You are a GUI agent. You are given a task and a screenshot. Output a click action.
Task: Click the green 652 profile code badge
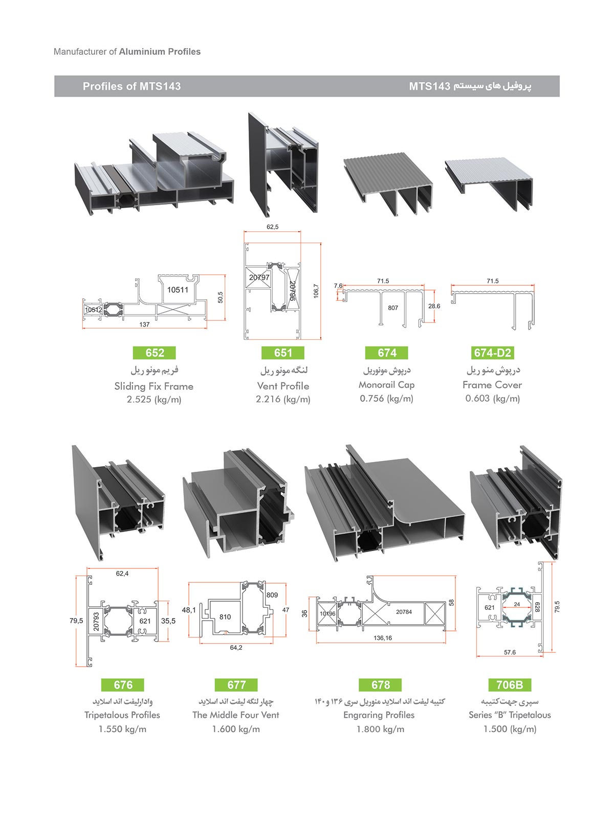click(x=155, y=353)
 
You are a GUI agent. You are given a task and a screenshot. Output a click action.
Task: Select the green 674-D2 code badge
click(x=492, y=353)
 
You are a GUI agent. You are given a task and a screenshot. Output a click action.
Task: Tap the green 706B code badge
click(x=509, y=685)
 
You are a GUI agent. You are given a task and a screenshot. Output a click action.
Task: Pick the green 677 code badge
click(x=236, y=685)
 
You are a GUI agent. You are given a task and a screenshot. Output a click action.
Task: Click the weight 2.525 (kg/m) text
click(x=154, y=400)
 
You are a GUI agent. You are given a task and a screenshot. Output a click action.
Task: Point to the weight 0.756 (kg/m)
click(x=386, y=399)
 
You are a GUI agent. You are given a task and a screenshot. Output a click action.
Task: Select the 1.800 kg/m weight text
click(x=380, y=729)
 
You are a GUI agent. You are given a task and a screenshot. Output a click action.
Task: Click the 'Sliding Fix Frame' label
click(x=154, y=386)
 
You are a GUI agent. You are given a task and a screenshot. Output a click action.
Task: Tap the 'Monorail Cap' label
click(x=386, y=385)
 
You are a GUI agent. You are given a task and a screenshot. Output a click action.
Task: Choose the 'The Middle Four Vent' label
click(x=236, y=715)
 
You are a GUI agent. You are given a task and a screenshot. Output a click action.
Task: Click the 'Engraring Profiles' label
click(x=379, y=715)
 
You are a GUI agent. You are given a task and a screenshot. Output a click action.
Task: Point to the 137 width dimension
click(x=144, y=324)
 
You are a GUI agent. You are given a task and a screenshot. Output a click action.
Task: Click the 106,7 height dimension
click(x=316, y=292)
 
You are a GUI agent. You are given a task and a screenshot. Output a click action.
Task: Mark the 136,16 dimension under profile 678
click(x=383, y=638)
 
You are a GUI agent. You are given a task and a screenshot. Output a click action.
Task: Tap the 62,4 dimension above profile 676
click(x=122, y=574)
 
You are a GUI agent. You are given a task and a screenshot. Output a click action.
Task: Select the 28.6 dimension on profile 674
click(x=434, y=306)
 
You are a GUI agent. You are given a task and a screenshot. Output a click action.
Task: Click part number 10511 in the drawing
click(x=178, y=290)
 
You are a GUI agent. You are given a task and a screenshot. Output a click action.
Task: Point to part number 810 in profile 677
click(x=225, y=617)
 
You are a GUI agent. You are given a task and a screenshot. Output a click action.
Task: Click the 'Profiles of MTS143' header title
click(x=131, y=86)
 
